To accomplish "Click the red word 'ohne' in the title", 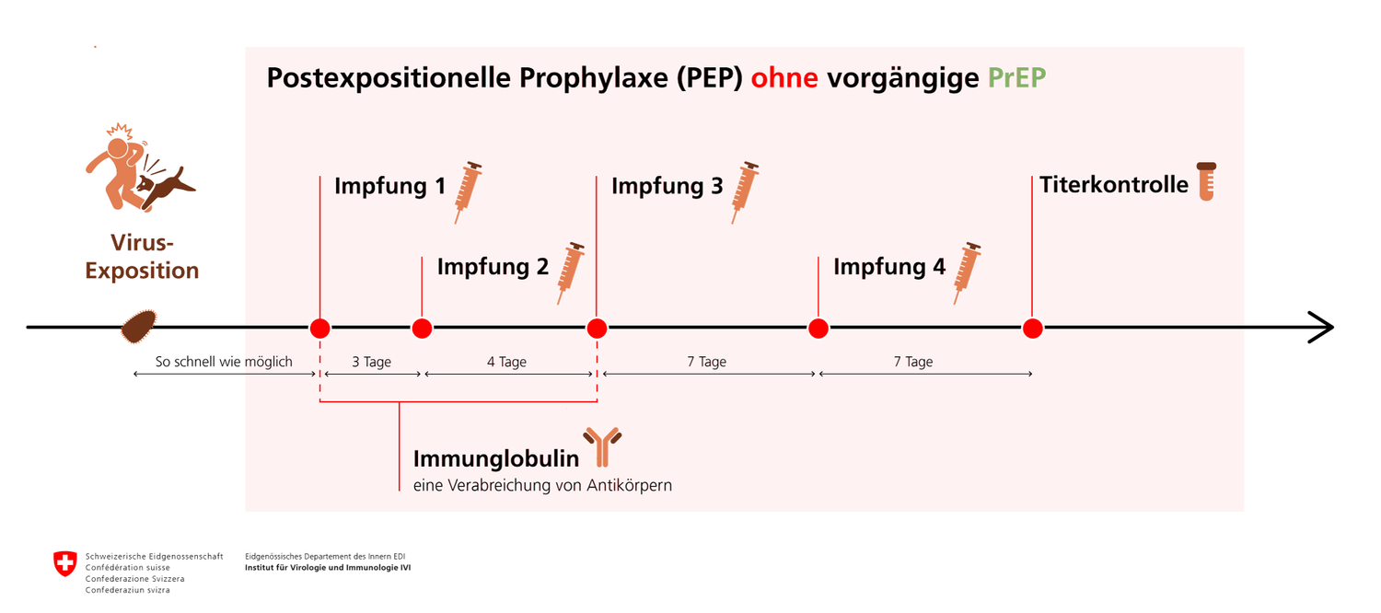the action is click(x=784, y=78).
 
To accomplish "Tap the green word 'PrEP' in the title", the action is click(x=1016, y=78).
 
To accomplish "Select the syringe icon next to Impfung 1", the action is click(x=468, y=192).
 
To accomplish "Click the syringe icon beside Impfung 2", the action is click(x=570, y=273).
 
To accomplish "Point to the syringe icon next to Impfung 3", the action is click(x=745, y=192).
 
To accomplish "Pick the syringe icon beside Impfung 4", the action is click(x=967, y=273).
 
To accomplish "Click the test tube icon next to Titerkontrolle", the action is click(x=1206, y=181).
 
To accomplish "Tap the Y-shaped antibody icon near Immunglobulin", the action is click(x=602, y=446).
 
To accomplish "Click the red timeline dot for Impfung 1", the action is click(x=320, y=329).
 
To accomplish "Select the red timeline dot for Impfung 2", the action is click(x=422, y=329).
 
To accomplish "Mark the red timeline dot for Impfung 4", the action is click(x=818, y=329).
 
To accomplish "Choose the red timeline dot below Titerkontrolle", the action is click(x=1033, y=329).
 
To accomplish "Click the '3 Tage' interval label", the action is click(x=371, y=362).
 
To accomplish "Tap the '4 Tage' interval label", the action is click(x=506, y=362).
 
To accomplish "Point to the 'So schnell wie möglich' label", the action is click(x=224, y=362).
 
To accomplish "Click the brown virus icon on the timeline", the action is click(x=139, y=326).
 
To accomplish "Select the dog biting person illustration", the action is click(x=140, y=168).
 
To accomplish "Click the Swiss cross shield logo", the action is click(x=64, y=563).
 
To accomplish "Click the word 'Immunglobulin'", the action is click(x=496, y=459).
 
